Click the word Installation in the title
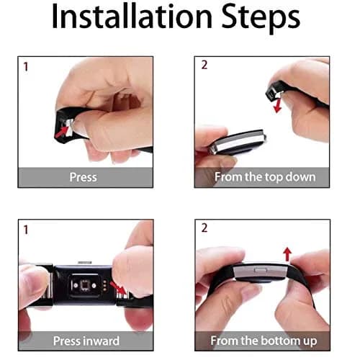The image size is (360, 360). [x=132, y=17]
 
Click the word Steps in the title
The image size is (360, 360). [x=261, y=19]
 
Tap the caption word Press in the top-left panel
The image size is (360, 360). [x=84, y=177]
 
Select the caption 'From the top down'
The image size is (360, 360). [x=265, y=177]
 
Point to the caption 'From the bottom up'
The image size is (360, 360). [x=264, y=341]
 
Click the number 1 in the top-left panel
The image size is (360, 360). [x=26, y=67]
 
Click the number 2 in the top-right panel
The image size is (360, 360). [x=204, y=65]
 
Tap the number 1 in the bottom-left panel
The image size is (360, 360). [x=26, y=230]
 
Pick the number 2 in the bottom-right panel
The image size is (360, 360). [x=204, y=228]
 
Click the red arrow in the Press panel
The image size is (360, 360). [x=61, y=132]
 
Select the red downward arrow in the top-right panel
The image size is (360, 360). [x=278, y=106]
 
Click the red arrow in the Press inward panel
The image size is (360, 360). [x=118, y=287]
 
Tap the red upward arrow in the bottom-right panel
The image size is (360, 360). [x=287, y=254]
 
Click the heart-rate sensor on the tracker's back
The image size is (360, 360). [x=85, y=285]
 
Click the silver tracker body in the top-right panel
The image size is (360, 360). [x=238, y=143]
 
